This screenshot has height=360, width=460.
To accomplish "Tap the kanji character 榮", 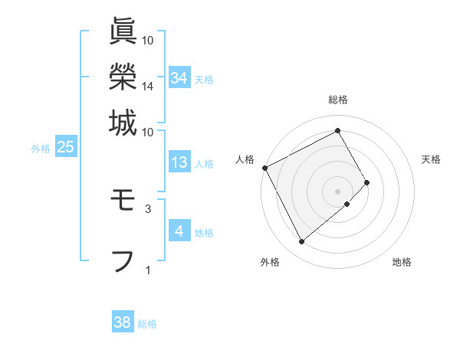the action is (123, 77).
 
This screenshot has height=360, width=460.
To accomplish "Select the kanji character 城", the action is (123, 122).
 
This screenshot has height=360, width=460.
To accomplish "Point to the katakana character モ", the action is (123, 202).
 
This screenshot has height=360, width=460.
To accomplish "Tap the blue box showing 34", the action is (179, 78).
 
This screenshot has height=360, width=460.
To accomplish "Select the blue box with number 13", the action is (179, 162).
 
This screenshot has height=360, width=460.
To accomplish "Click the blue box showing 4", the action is (179, 231).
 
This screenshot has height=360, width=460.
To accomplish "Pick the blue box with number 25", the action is (66, 147).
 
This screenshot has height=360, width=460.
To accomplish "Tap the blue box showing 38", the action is (123, 322).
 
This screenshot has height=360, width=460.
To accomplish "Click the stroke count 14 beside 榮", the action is (147, 87).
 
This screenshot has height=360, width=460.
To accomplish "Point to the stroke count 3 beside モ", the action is (147, 208).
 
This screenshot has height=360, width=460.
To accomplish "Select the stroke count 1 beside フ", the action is (147, 270).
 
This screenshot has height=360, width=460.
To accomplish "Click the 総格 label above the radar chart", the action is (338, 100).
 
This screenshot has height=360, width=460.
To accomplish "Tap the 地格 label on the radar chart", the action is (402, 262).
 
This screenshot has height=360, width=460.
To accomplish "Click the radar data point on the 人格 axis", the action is (264, 167).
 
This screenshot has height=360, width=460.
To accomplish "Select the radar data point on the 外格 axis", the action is (301, 242).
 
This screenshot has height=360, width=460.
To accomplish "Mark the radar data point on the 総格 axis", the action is (338, 131).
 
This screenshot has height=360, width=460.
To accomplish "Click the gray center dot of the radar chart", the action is (338, 191).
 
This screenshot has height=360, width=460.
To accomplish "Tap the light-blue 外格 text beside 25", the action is (40, 149).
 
